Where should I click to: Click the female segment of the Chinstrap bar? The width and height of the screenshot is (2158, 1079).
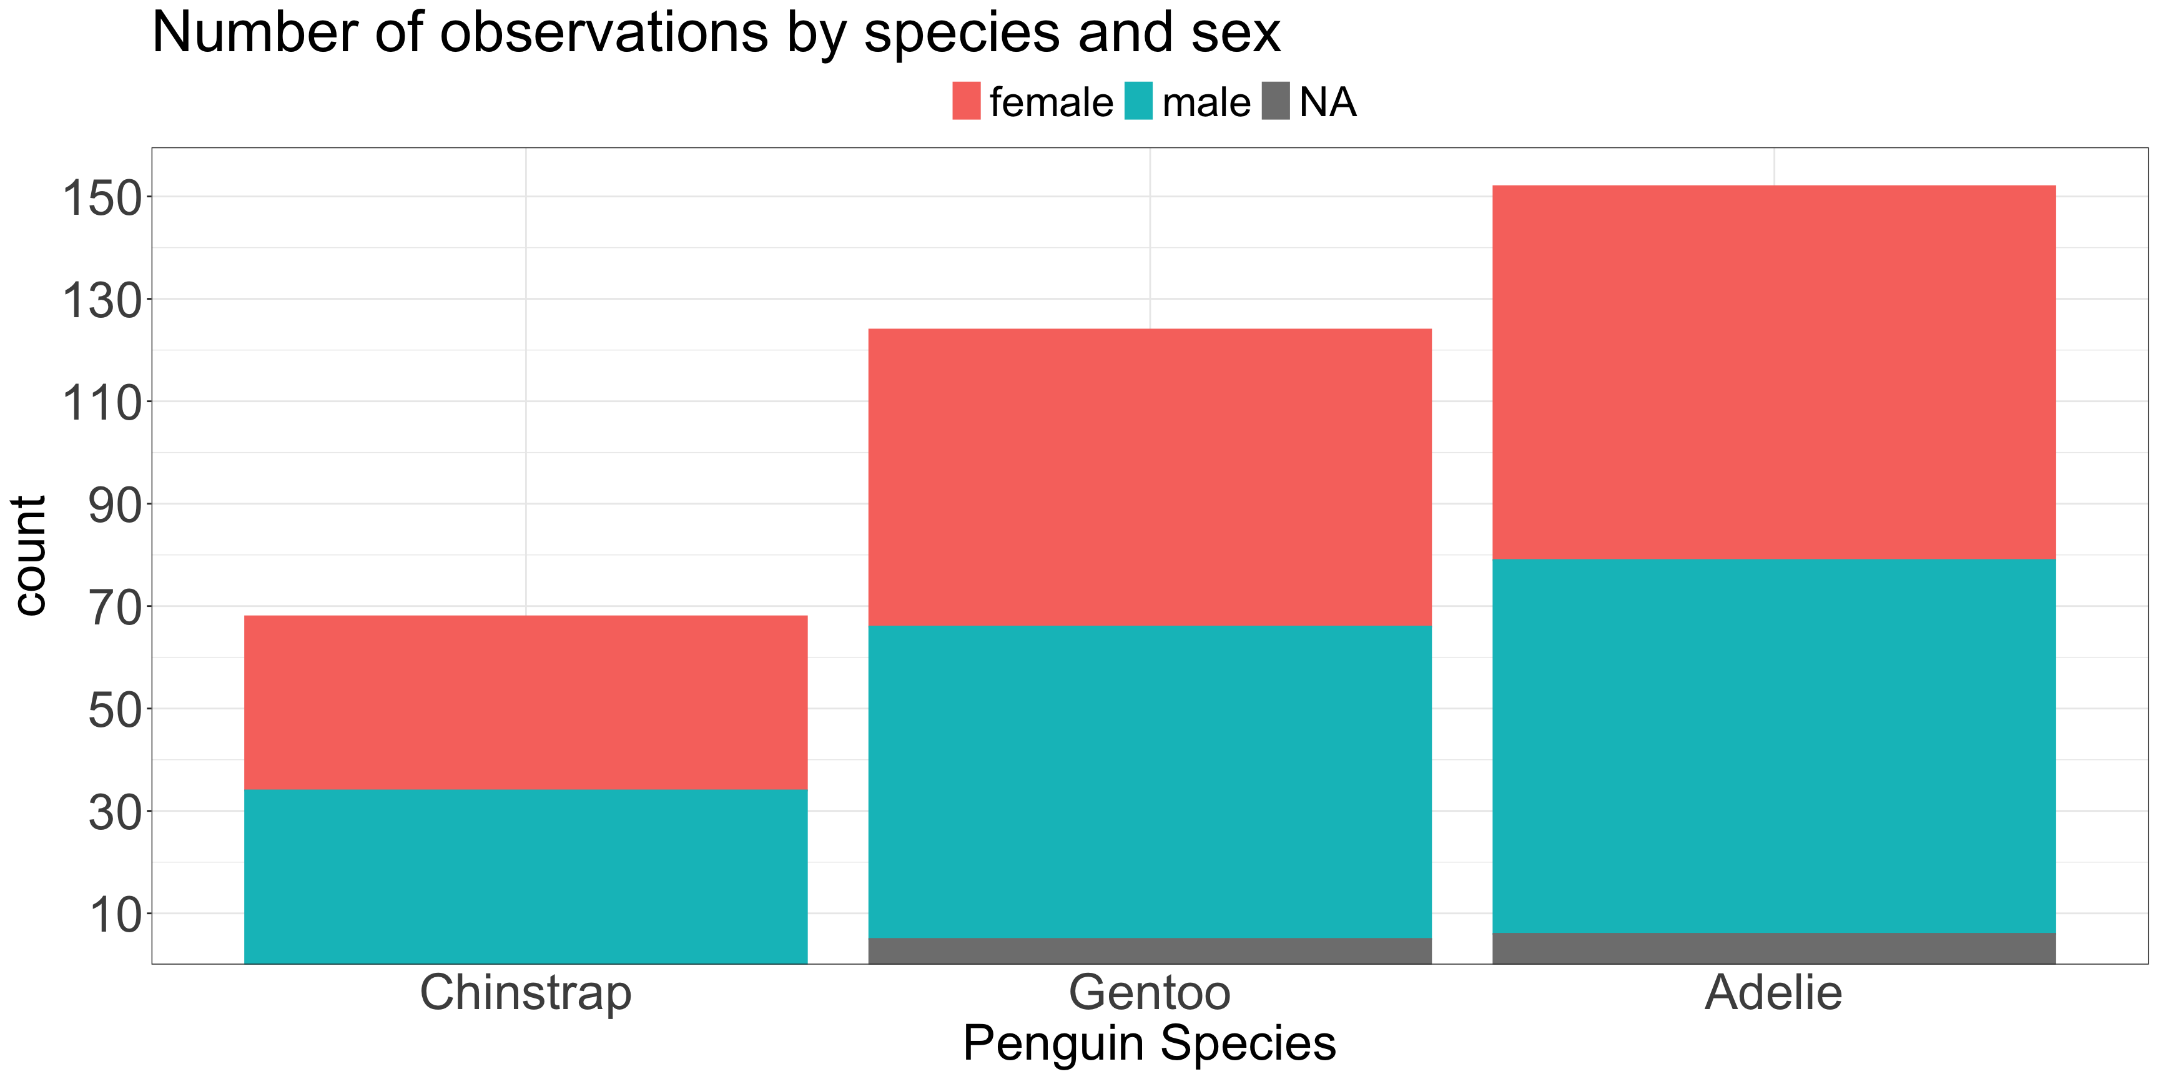pos(525,702)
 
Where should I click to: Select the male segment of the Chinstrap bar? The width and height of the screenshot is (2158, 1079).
pos(525,875)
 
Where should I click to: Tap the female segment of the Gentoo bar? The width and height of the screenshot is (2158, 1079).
pos(1150,478)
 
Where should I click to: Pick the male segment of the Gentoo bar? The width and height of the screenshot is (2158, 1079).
pos(1150,782)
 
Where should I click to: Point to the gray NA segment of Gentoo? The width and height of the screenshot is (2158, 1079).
pos(1150,951)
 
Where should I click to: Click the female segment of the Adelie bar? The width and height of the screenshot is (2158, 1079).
pos(1773,372)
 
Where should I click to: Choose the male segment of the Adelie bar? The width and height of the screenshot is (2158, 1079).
pos(1773,746)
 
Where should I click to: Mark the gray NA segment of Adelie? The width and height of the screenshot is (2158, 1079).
pos(1773,948)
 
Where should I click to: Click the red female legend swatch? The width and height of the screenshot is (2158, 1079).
pos(966,101)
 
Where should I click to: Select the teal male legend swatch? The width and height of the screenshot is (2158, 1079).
pos(1138,101)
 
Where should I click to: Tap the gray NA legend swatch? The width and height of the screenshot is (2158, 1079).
pos(1275,101)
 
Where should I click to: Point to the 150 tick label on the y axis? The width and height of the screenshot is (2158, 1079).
pos(102,199)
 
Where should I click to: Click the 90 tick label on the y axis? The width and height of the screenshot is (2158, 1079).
pos(116,505)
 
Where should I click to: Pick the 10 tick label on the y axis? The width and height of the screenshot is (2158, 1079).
pos(116,915)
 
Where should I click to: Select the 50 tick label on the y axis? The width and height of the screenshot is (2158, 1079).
pos(116,711)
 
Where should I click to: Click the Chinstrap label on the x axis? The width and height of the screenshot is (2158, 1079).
pos(525,993)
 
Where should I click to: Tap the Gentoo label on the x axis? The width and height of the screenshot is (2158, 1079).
pos(1150,993)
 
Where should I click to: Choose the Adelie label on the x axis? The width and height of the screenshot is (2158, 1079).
pos(1773,993)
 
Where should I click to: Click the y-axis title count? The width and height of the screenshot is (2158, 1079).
pos(30,555)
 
